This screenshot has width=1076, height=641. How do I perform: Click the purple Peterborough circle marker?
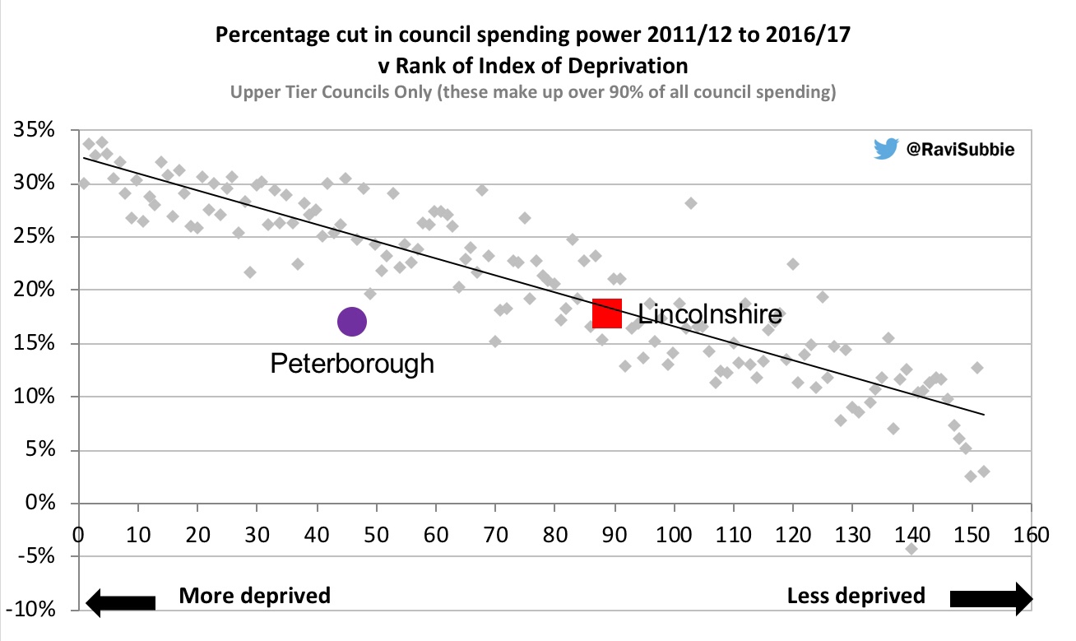(x=352, y=322)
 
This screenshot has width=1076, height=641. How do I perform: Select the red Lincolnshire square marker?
(x=607, y=314)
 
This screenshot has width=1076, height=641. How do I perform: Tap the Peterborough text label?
(x=352, y=363)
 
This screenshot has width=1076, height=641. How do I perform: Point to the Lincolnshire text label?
(x=710, y=313)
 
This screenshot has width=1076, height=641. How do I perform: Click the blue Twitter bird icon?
(x=885, y=149)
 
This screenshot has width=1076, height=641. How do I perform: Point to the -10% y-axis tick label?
(x=33, y=611)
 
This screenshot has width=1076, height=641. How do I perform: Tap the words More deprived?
(x=254, y=595)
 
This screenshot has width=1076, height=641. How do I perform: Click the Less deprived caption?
(x=856, y=595)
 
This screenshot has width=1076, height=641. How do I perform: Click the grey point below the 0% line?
(x=911, y=549)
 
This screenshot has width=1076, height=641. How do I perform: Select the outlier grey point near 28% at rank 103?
(x=691, y=203)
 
